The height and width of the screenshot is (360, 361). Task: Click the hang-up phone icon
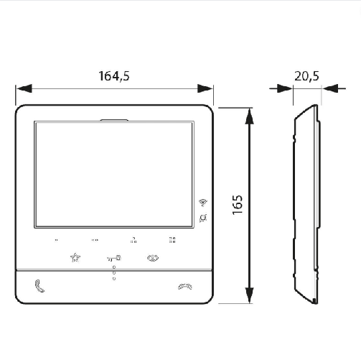point(184,286)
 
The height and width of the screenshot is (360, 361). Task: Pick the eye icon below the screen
point(152,257)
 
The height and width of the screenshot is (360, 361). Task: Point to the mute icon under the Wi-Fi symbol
point(203,218)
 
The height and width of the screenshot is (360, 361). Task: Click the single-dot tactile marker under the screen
point(56,241)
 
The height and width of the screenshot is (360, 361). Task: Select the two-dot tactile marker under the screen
point(95,241)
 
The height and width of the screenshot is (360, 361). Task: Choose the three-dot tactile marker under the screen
point(133,241)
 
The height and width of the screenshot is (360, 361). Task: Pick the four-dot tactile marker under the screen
point(172,241)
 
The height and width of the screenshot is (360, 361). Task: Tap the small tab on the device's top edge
point(114,120)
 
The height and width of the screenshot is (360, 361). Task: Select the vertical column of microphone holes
point(113,274)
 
